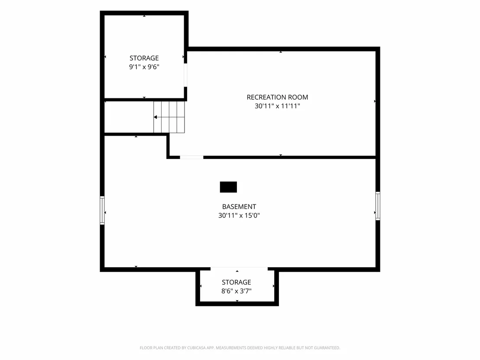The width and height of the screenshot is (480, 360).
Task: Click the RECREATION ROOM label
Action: (277, 97)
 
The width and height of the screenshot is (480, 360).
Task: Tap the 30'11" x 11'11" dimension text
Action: (277, 106)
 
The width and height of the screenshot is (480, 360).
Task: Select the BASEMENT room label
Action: (239, 207)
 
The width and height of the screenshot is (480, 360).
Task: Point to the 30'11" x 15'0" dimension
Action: (239, 215)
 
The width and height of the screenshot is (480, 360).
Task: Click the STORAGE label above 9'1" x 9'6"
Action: (144, 58)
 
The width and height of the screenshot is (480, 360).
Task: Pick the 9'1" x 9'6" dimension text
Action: (144, 67)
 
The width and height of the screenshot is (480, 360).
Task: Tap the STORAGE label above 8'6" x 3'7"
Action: (237, 282)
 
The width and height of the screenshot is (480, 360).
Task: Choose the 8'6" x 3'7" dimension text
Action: (237, 291)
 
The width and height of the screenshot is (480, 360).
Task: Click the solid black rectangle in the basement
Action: (228, 187)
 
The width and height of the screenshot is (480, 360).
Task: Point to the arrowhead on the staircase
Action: (155, 117)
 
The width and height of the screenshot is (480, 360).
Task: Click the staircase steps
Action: (169, 117)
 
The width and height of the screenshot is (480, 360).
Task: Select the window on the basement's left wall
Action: (102, 210)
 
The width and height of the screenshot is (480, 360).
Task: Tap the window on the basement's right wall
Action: (378, 206)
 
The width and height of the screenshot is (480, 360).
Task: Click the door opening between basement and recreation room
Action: (191, 157)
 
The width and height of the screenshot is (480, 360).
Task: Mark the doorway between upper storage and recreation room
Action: (185, 75)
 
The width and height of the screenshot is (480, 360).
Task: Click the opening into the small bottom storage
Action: (239, 269)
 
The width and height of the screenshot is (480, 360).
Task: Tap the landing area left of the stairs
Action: (129, 117)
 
